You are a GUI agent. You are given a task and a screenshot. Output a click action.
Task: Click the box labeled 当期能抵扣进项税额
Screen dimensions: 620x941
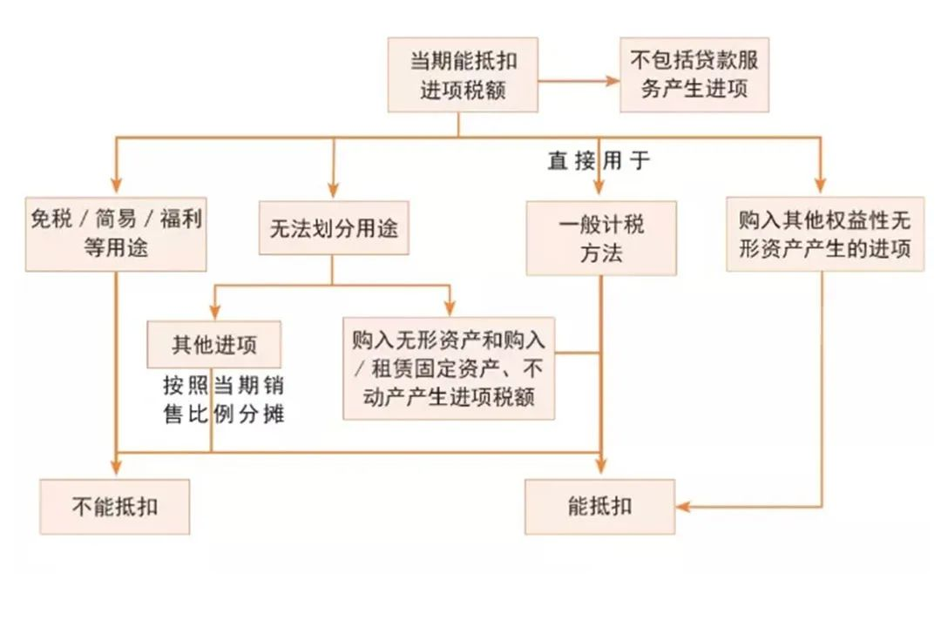click(x=463, y=74)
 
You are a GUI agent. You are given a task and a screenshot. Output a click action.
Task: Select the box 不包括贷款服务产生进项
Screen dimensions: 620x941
click(x=694, y=74)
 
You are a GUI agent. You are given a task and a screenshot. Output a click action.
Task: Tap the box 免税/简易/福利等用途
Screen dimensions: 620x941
click(x=117, y=232)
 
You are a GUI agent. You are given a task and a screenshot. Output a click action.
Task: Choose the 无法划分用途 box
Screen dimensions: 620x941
click(x=334, y=229)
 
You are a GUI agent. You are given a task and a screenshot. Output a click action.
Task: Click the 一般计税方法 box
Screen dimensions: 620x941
click(x=601, y=238)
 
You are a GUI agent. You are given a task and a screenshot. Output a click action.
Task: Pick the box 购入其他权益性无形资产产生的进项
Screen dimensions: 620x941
click(x=824, y=232)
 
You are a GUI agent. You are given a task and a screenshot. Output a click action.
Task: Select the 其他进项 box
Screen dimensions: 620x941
click(x=214, y=344)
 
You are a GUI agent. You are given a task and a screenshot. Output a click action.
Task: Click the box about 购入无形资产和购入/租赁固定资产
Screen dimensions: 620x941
click(x=449, y=367)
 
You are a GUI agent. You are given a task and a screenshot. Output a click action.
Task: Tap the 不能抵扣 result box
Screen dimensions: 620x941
click(x=114, y=506)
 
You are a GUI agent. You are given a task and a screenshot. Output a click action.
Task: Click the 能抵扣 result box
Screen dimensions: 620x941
click(x=599, y=506)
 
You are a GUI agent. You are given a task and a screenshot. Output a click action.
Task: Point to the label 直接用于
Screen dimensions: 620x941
click(x=599, y=161)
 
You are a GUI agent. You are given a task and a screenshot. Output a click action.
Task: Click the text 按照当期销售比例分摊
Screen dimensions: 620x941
click(x=224, y=400)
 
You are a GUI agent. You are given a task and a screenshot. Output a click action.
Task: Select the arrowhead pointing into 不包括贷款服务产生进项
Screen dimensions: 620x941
click(x=612, y=81)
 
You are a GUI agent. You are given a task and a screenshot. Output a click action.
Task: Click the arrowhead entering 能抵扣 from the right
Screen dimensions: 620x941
click(x=684, y=506)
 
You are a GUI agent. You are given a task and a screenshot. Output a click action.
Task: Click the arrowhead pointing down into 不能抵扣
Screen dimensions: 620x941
click(x=115, y=469)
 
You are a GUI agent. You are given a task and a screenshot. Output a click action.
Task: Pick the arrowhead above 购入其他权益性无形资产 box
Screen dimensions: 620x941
click(x=820, y=185)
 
